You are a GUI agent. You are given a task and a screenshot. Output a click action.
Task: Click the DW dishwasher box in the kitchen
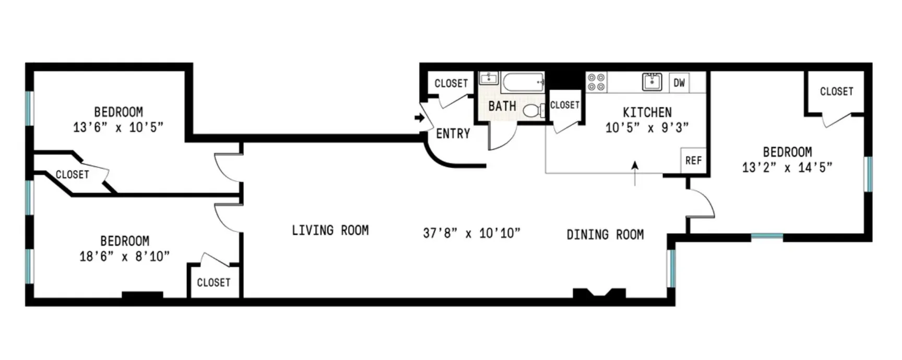(679, 82)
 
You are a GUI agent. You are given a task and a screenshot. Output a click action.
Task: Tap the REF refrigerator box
(693, 160)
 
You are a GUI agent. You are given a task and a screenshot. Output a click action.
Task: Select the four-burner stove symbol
(596, 82)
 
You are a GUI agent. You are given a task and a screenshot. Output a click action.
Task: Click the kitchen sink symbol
(652, 82)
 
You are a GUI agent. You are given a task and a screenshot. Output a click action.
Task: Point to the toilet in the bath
(532, 110)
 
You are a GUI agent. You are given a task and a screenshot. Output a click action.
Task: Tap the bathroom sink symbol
(489, 79)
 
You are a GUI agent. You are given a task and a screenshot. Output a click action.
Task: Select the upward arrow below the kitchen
(635, 172)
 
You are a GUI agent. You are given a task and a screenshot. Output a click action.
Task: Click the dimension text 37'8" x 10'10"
(471, 233)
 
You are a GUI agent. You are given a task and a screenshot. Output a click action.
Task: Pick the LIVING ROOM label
(330, 230)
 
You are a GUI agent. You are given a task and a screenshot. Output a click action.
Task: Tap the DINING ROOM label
(605, 235)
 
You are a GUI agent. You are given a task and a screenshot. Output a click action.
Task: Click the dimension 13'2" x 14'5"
(787, 167)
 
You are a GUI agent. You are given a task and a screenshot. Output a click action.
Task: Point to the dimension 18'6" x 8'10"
(124, 256)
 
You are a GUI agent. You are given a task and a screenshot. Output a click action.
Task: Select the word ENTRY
(453, 134)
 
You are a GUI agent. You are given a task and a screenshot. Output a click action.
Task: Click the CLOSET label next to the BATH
(565, 105)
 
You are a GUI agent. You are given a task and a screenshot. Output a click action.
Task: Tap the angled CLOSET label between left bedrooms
(72, 174)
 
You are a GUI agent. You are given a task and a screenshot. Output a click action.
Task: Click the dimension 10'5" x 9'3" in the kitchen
(647, 127)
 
